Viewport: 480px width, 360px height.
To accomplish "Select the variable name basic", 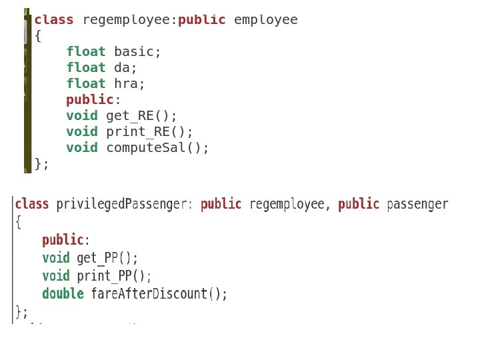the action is [x=137, y=52].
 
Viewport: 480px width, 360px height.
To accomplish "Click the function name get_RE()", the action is [x=141, y=116].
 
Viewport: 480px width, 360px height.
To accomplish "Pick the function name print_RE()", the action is [x=149, y=132].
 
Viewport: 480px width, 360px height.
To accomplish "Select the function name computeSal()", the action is [x=157, y=148].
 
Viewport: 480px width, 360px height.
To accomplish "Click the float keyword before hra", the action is [x=85, y=84].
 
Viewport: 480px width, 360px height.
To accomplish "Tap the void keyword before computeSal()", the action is [x=81, y=148].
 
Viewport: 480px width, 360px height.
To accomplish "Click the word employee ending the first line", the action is [x=265, y=20].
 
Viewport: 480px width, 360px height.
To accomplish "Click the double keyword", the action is [x=63, y=294].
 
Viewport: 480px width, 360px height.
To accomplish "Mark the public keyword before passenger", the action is [x=359, y=204].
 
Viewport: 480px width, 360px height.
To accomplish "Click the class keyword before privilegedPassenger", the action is [x=32, y=204].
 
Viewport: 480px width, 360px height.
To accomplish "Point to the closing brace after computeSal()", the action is [x=38, y=164].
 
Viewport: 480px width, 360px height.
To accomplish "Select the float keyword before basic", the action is [x=85, y=52].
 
